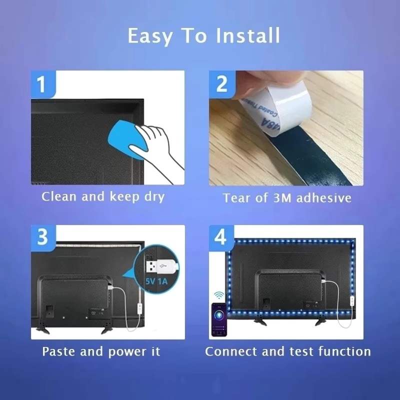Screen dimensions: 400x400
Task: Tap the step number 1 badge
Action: (42, 83)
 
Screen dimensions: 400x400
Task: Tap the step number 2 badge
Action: (220, 83)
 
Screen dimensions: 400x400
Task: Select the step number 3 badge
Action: (42, 237)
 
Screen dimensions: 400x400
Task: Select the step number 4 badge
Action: (220, 237)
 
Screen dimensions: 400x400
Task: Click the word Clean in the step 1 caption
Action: (59, 196)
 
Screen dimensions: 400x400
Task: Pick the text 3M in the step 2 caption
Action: (282, 198)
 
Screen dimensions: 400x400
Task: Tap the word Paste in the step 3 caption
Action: (59, 351)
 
